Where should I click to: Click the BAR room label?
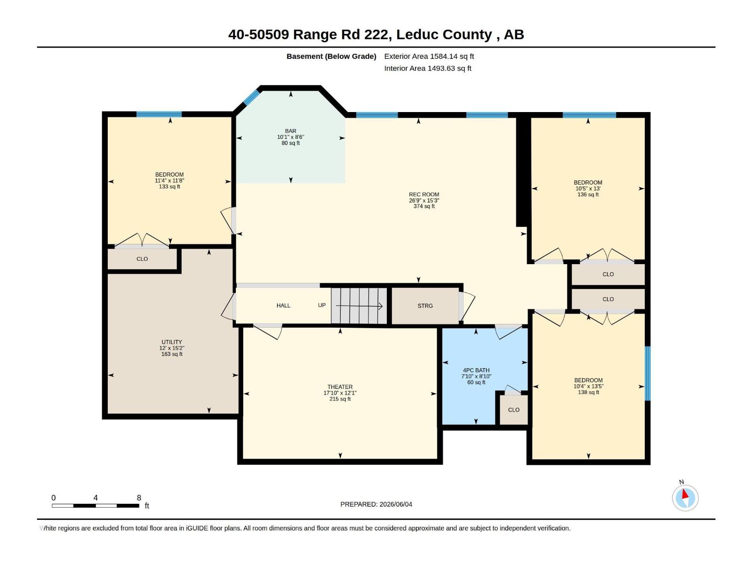(290, 131)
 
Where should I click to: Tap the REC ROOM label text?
(424, 194)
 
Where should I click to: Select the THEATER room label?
(340, 387)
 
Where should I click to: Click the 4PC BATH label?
(476, 371)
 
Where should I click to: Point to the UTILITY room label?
(171, 342)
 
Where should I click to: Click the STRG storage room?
(425, 306)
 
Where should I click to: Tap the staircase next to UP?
(359, 306)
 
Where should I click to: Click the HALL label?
(283, 306)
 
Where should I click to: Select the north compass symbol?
(685, 498)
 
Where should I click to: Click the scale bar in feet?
(96, 506)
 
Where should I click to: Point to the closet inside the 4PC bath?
(513, 410)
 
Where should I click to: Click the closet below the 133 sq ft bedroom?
(142, 259)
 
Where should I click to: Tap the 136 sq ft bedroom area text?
(588, 194)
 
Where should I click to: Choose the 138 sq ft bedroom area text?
(588, 392)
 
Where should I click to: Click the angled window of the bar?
(251, 97)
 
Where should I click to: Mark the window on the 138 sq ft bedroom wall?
(647, 373)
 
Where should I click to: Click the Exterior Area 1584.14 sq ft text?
(429, 56)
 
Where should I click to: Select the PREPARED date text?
(376, 504)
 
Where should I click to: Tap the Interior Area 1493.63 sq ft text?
(427, 68)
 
